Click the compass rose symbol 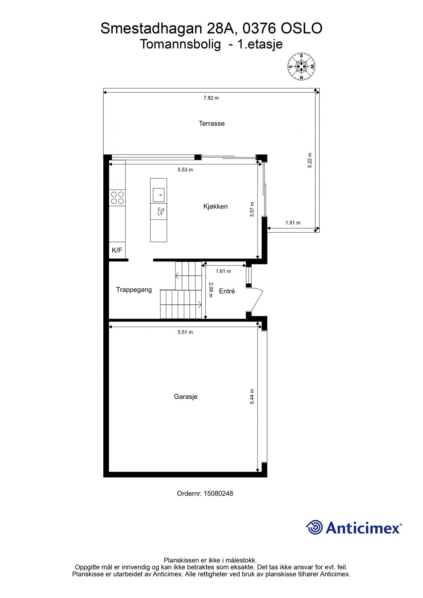301,67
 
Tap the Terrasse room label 212,124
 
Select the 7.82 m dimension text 211,98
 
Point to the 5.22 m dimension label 310,160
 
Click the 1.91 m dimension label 293,223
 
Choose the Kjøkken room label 215,206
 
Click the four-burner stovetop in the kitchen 117,198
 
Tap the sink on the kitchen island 159,195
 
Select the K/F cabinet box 117,250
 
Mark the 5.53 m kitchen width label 185,170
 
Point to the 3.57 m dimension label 252,210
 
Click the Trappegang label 134,290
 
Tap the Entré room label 227,291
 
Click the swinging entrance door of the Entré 256,300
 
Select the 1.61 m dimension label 223,271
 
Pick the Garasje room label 186,397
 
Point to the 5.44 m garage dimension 252,397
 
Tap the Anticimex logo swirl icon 314,527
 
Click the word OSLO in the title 302,29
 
